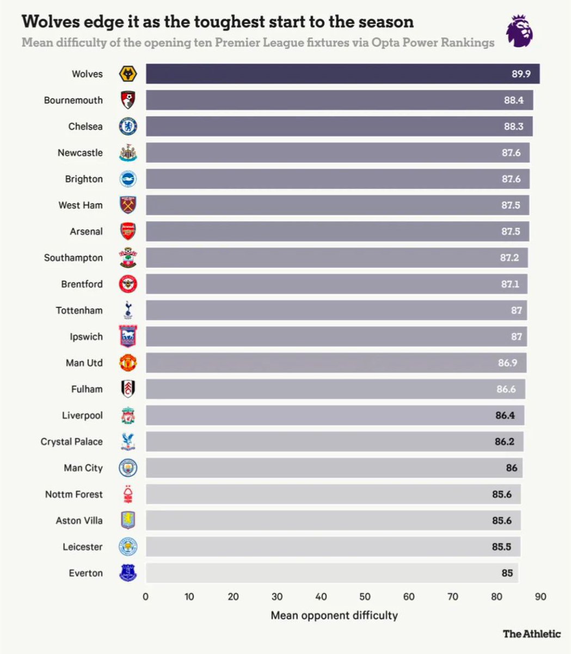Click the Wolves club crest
click(128, 74)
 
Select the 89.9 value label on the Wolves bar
click(520, 74)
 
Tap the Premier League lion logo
click(520, 31)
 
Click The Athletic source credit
click(531, 633)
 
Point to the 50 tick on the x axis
click(365, 597)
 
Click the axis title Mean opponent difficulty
click(334, 615)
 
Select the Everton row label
click(85, 573)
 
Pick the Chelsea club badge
click(128, 126)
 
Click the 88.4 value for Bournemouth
click(513, 100)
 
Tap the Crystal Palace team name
click(71, 441)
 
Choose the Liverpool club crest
click(128, 415)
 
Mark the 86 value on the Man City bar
click(511, 468)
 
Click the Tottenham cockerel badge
click(128, 310)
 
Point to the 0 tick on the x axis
click(145, 597)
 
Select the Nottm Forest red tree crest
click(128, 494)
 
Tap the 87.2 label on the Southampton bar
click(509, 258)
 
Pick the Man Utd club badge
click(128, 362)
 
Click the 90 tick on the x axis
click(540, 597)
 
